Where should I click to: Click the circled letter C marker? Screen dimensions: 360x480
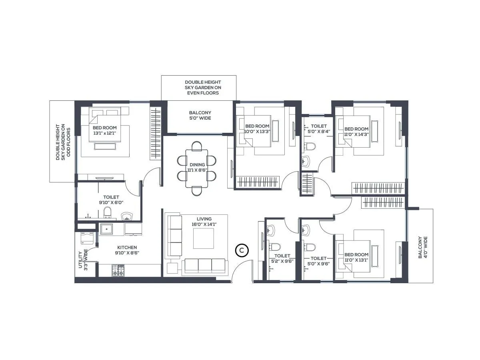tap(242, 250)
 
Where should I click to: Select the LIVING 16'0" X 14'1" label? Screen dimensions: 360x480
tap(204, 222)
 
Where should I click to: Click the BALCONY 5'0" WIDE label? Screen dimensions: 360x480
tap(200, 116)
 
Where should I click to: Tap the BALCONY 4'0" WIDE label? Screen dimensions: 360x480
tap(423, 247)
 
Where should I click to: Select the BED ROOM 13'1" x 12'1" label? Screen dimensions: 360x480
tap(104, 130)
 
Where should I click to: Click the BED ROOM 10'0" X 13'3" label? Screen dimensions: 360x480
tap(257, 129)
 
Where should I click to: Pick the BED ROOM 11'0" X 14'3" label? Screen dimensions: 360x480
tap(356, 132)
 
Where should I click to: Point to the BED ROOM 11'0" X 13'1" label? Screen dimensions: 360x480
tap(356, 257)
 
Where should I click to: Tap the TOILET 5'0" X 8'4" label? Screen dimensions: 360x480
tap(318, 129)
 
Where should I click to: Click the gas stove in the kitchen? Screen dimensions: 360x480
tap(118, 270)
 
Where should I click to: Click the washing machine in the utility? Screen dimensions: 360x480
tap(87, 238)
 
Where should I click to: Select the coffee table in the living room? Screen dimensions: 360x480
tap(204, 238)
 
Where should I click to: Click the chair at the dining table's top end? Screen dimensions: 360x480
tap(197, 146)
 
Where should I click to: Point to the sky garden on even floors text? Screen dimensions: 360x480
tap(203, 87)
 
